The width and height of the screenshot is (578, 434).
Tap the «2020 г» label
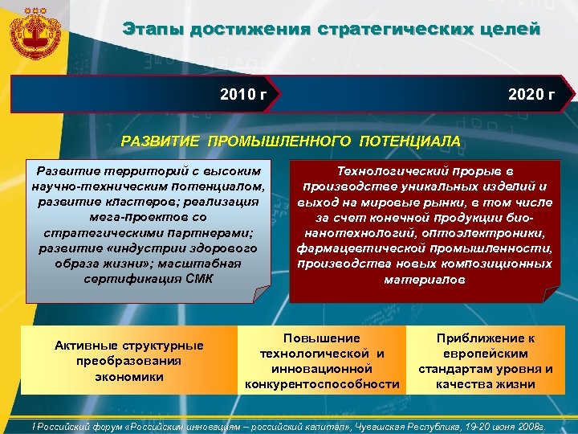pos(531,96)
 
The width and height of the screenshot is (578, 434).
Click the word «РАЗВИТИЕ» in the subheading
pos(161,141)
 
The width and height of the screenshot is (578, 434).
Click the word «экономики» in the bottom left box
pos(128,376)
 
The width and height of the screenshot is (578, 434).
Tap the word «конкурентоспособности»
pos(322,384)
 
